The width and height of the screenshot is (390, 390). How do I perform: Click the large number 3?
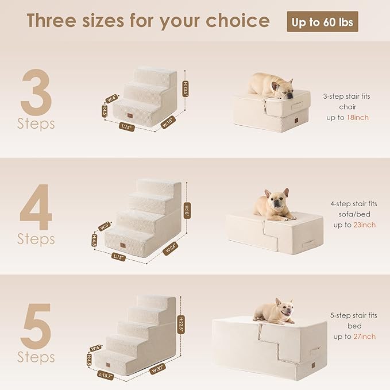coord(36,91)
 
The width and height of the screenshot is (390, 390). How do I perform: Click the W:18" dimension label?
coord(168,122)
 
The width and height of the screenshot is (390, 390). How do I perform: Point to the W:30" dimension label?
coord(157,369)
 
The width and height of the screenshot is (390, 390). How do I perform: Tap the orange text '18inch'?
coord(357,117)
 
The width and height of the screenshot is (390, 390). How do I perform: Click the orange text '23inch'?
coord(364,225)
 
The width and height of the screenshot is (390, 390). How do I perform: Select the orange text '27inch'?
coord(364,336)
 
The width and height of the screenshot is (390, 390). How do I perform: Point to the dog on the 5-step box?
coord(275,312)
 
